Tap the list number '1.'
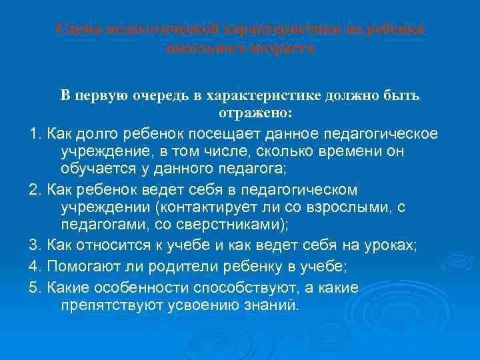pos(37,134)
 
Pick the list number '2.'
pos(37,191)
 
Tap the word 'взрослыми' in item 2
pos(351,208)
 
